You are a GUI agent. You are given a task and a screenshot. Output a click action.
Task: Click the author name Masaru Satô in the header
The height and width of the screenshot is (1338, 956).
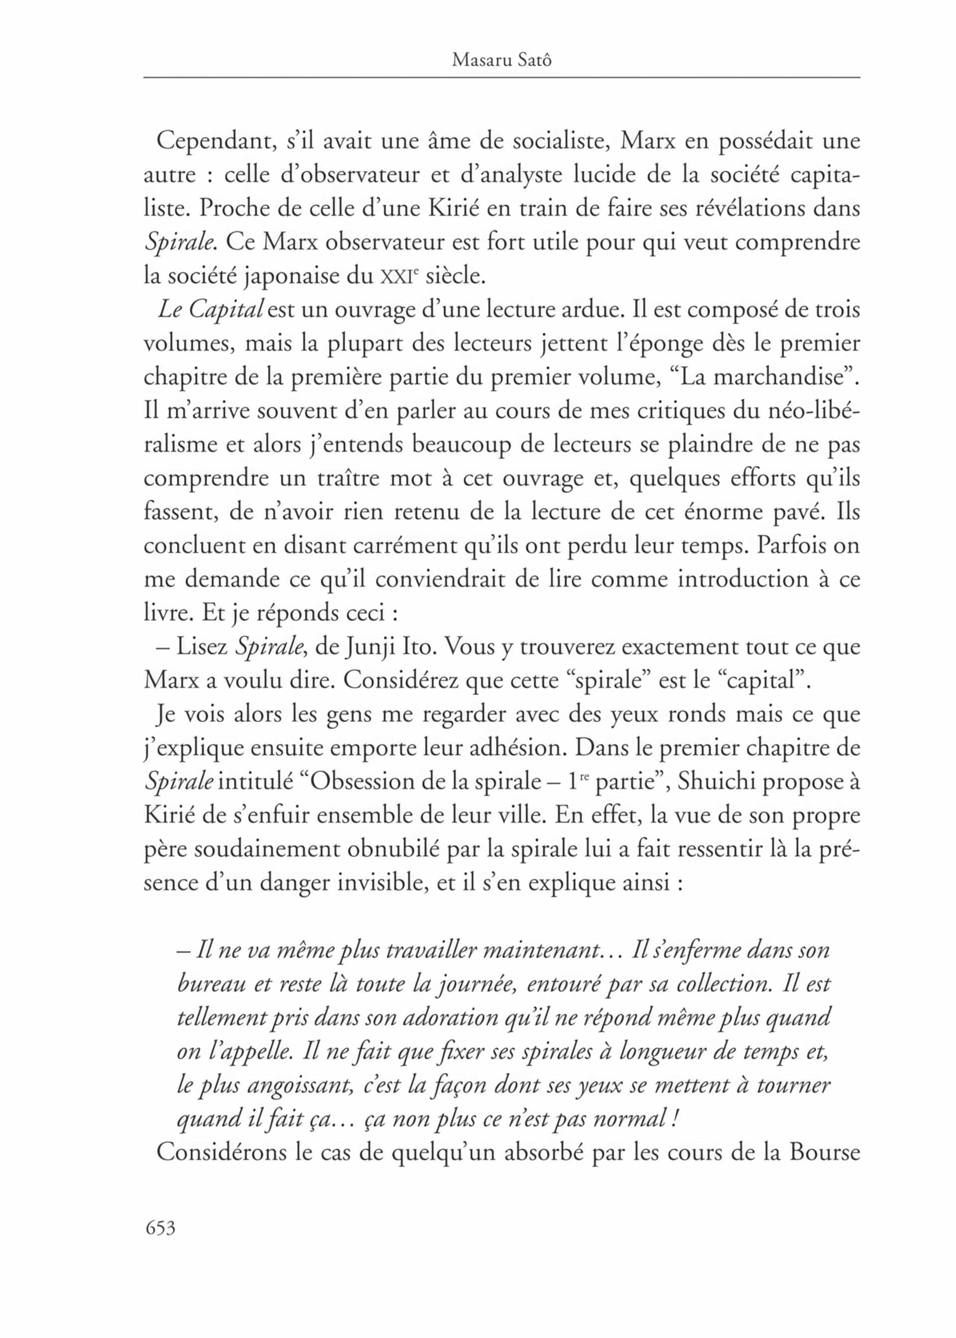pos(501,60)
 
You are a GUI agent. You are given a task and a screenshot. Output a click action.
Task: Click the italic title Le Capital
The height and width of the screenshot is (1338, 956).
pos(210,310)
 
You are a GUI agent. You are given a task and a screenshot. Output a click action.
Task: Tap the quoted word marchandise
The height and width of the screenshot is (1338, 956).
pos(779,377)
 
